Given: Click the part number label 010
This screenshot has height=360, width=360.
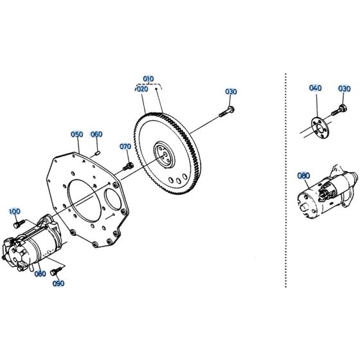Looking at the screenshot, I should pos(148,78).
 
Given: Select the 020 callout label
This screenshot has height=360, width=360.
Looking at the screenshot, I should pos(142,89).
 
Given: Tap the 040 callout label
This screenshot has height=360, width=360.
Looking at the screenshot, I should pos(315,88).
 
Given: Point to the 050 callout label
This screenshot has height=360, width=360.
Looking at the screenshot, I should pos(77,134).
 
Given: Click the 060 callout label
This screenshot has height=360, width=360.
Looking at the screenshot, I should pos(96,134).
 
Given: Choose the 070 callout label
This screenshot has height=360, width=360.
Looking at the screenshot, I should pos(125,147).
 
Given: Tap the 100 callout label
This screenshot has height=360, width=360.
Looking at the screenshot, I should pos(14,211).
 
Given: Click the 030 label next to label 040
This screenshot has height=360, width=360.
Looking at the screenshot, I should pos(345,88).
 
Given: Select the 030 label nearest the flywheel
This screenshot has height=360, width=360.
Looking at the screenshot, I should pos(231,92).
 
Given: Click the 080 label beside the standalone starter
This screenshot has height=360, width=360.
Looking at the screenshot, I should pos(303,175).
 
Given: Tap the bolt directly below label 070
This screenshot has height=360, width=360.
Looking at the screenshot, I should pos(128,166).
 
